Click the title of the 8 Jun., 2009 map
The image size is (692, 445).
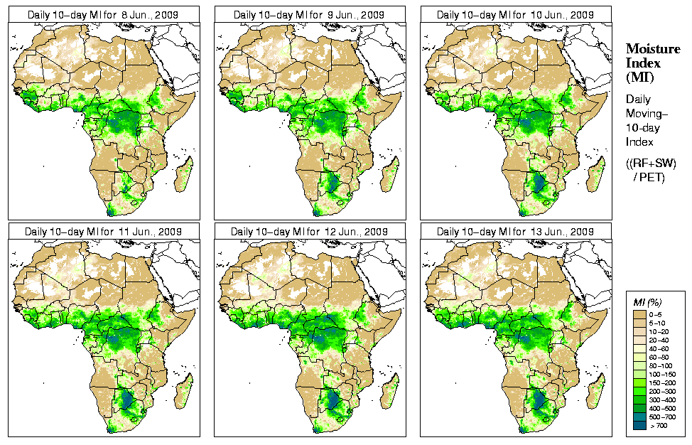point(104,14)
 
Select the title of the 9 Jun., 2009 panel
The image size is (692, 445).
point(310,14)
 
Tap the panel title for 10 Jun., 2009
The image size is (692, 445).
point(516,14)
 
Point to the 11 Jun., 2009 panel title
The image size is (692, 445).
point(104,232)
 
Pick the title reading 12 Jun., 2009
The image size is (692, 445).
point(310,232)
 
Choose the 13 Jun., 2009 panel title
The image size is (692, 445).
point(516,232)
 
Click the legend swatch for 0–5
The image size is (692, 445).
point(639,313)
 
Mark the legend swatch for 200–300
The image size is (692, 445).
point(639,390)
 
